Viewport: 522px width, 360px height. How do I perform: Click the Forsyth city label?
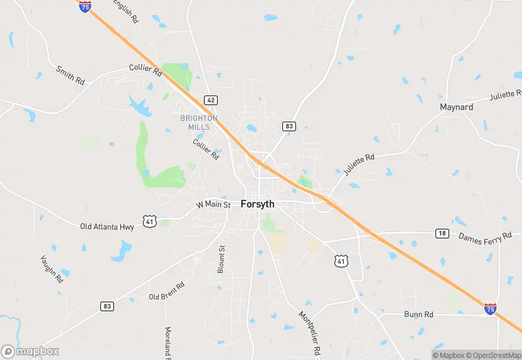click(258, 204)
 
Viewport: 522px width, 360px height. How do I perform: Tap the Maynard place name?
click(456, 107)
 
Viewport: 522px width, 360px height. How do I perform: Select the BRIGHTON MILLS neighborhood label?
click(198, 122)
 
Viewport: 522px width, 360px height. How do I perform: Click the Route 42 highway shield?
click(211, 100)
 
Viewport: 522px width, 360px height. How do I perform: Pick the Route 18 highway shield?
click(442, 234)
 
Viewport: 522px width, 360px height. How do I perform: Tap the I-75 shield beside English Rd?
click(85, 7)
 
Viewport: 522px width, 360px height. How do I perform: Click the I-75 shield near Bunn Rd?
click(490, 308)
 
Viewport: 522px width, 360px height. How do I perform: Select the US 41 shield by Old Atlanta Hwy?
click(150, 221)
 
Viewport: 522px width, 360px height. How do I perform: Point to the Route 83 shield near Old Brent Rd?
click(106, 306)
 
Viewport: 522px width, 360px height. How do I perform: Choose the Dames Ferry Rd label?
click(485, 236)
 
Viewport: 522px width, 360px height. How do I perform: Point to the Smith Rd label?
click(70, 76)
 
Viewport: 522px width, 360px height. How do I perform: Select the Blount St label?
click(221, 260)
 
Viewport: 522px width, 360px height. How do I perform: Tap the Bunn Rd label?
click(418, 315)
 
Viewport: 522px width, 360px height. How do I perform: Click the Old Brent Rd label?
click(167, 291)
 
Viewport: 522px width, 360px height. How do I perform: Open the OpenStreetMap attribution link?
click(492, 355)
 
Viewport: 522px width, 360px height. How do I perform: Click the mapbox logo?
click(30, 351)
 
